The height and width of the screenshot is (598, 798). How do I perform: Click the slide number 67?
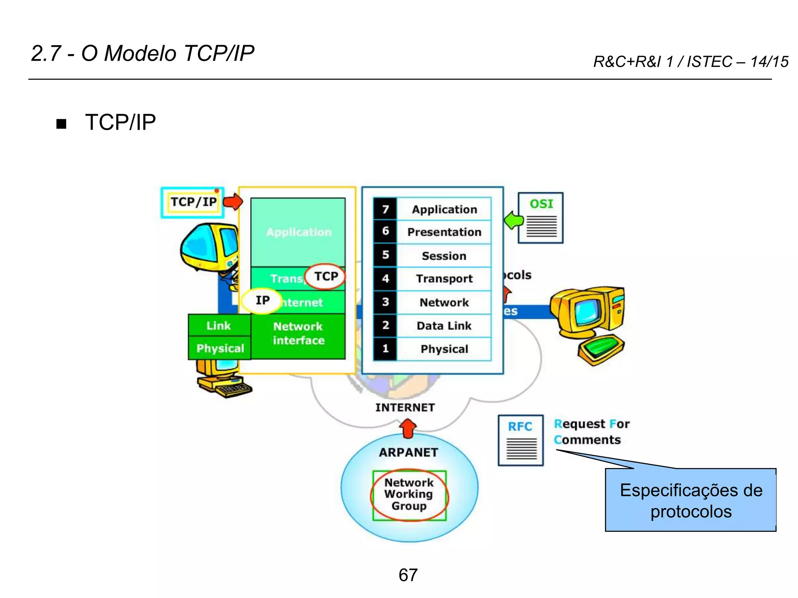[x=408, y=575]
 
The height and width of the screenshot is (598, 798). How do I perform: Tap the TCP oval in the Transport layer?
[x=325, y=277]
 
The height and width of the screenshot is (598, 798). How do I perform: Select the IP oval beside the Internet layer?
[x=261, y=301]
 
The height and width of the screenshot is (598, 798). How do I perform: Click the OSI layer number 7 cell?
[x=385, y=209]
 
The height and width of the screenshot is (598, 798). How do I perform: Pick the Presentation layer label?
[x=444, y=232]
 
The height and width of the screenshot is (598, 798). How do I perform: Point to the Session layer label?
[x=444, y=256]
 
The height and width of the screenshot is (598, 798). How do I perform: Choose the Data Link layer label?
[x=444, y=325]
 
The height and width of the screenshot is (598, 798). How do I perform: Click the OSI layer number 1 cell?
[x=385, y=348]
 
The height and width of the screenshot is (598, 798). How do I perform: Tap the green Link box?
[x=219, y=325]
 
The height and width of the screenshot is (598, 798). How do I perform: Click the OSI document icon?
[x=540, y=218]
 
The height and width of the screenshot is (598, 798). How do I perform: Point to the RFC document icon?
[x=521, y=440]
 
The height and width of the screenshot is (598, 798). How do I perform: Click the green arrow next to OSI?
[x=513, y=220]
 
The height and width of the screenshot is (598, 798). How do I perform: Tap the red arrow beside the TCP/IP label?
[x=233, y=202]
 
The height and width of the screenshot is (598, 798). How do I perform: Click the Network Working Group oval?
[x=409, y=495]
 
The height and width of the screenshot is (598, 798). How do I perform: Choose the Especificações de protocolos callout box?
[x=690, y=500]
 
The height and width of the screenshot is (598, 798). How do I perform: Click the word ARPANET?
[x=408, y=452]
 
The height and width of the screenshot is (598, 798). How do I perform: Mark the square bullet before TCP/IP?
[x=61, y=124]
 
